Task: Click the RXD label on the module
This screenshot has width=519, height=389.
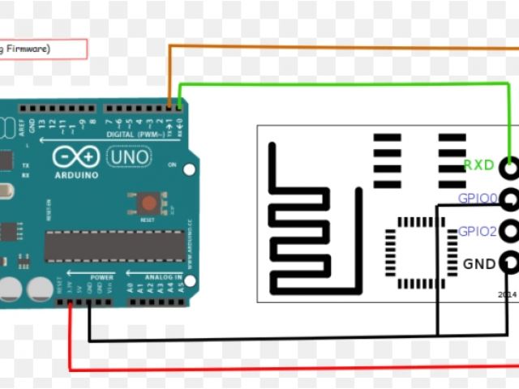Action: click(x=478, y=165)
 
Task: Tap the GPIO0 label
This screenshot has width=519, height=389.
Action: click(x=477, y=198)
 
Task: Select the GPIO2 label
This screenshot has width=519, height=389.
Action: click(x=477, y=231)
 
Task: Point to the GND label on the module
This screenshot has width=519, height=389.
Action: click(x=478, y=263)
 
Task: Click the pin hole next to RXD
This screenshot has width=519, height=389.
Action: click(x=509, y=169)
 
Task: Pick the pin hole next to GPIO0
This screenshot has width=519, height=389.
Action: click(x=509, y=199)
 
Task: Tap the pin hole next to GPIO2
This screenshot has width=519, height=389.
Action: click(x=509, y=230)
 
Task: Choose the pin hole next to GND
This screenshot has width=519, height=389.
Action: click(x=509, y=262)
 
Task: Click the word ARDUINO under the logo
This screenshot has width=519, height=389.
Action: click(x=76, y=175)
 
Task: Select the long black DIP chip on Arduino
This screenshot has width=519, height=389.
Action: click(x=114, y=246)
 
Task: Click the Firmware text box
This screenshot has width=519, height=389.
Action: click(x=44, y=49)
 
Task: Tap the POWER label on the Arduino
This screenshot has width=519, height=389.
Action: click(x=101, y=277)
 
